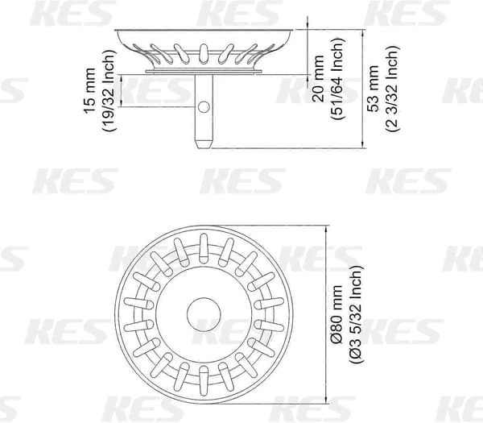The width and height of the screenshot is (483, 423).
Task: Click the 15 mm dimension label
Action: point(89,90)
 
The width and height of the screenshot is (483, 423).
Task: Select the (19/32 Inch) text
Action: point(109,90)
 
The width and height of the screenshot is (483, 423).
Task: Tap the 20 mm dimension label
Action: point(318,79)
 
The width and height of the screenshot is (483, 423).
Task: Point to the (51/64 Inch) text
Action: point(337,79)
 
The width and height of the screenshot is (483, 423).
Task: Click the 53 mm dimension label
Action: point(374,89)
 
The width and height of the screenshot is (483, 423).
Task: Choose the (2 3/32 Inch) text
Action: point(393,89)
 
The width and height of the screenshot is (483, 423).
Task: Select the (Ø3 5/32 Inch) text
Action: point(356,314)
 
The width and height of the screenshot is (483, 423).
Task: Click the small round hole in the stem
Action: point(204,107)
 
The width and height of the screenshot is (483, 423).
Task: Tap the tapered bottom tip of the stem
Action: point(204,144)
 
